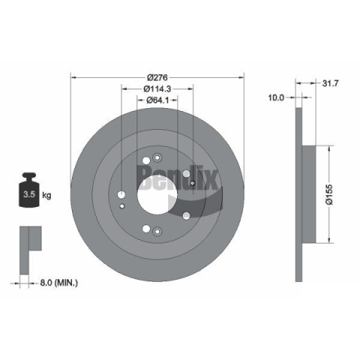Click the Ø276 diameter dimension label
pyautogui.click(x=157, y=77)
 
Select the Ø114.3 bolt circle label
pyautogui.click(x=157, y=88)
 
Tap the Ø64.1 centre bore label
pyautogui.click(x=157, y=100)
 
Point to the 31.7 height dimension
pyautogui.click(x=330, y=83)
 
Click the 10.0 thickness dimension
pyautogui.click(x=276, y=97)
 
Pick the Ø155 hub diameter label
pyautogui.click(x=330, y=195)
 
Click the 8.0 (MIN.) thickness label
pyautogui.click(x=59, y=283)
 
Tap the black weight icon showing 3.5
pyautogui.click(x=29, y=190)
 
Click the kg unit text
pyautogui.click(x=46, y=195)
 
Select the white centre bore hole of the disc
pyautogui.click(x=157, y=194)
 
